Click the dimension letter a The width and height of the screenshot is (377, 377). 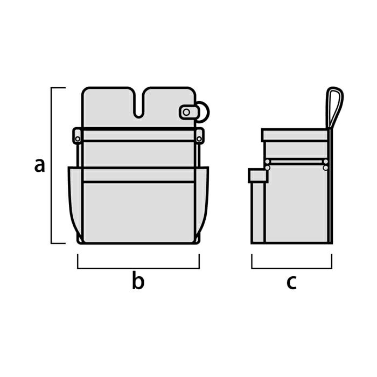coord(40,165)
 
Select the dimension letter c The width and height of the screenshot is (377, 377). coord(291,282)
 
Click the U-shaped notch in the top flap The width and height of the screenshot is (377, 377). coord(138,106)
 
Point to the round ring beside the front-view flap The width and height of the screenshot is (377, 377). coord(204,112)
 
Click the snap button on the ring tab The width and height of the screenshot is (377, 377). coord(186,112)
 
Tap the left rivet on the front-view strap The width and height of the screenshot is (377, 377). coord(78,139)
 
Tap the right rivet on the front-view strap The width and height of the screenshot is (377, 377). coord(199,139)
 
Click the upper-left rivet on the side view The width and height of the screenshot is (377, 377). coord(267,162)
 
